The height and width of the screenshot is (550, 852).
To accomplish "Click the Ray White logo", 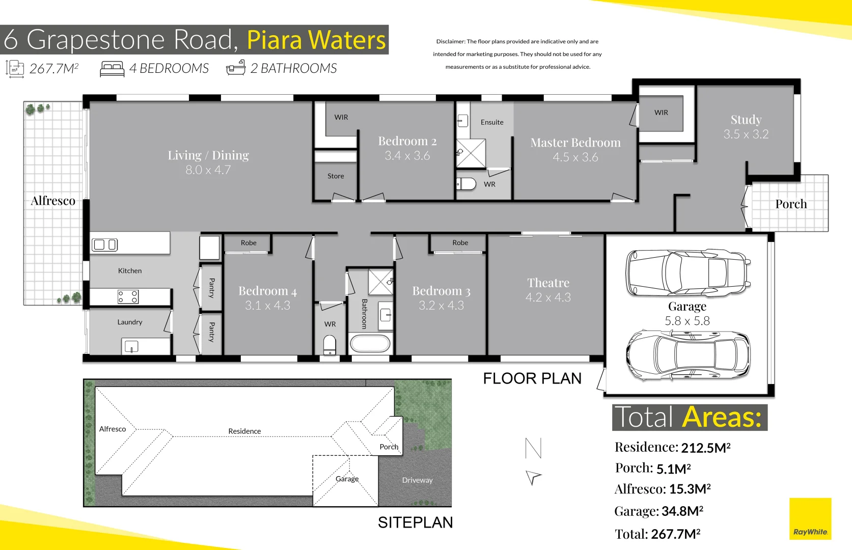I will [810, 519].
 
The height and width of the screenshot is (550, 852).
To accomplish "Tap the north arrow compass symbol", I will [533, 461].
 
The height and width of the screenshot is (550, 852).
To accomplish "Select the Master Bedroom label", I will [575, 143].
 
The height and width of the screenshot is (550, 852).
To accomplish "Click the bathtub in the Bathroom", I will [370, 344].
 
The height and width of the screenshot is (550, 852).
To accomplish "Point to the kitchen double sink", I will [104, 245].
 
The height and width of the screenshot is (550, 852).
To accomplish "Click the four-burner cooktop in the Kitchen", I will [128, 297].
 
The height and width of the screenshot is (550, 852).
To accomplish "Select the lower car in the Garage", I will [688, 356].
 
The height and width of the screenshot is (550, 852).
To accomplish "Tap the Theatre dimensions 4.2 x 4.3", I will [548, 297].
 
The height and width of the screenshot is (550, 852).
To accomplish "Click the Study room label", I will [746, 120].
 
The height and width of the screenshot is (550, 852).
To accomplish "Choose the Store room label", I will [336, 176].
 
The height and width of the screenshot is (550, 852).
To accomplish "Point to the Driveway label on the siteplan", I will [417, 480].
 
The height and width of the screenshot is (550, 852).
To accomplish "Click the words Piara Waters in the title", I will [316, 40].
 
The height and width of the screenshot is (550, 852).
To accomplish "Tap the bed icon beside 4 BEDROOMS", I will [112, 69].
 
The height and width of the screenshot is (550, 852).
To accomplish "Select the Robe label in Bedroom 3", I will [460, 243].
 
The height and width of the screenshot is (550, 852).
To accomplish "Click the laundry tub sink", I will [131, 348].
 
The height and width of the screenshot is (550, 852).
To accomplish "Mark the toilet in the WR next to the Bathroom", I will [329, 345].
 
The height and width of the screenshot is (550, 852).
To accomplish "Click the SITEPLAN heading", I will [415, 522].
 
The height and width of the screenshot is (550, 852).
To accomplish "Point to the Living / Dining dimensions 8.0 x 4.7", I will [208, 170].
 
